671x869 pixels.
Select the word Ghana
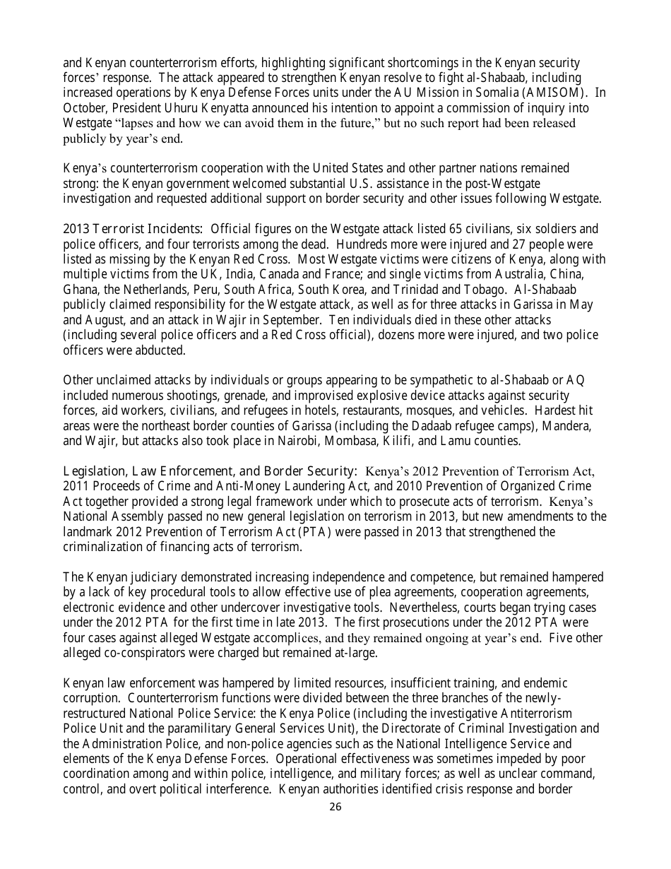point(79,290)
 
